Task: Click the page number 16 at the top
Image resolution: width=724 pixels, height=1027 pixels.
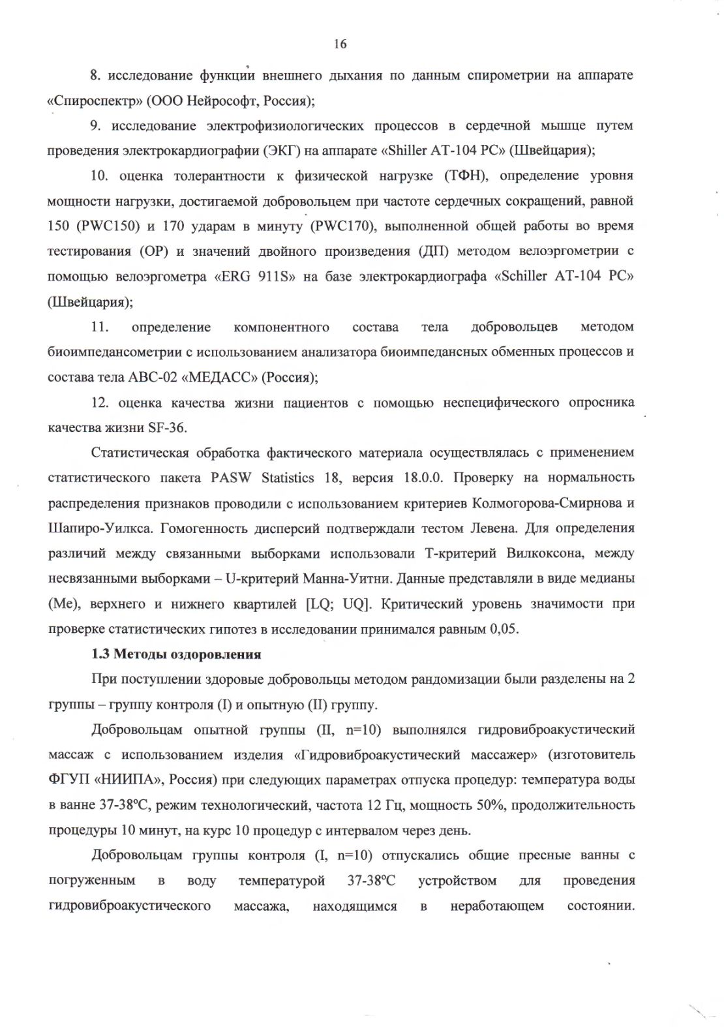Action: (x=340, y=44)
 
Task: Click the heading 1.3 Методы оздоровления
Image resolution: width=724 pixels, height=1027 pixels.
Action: (x=176, y=654)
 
